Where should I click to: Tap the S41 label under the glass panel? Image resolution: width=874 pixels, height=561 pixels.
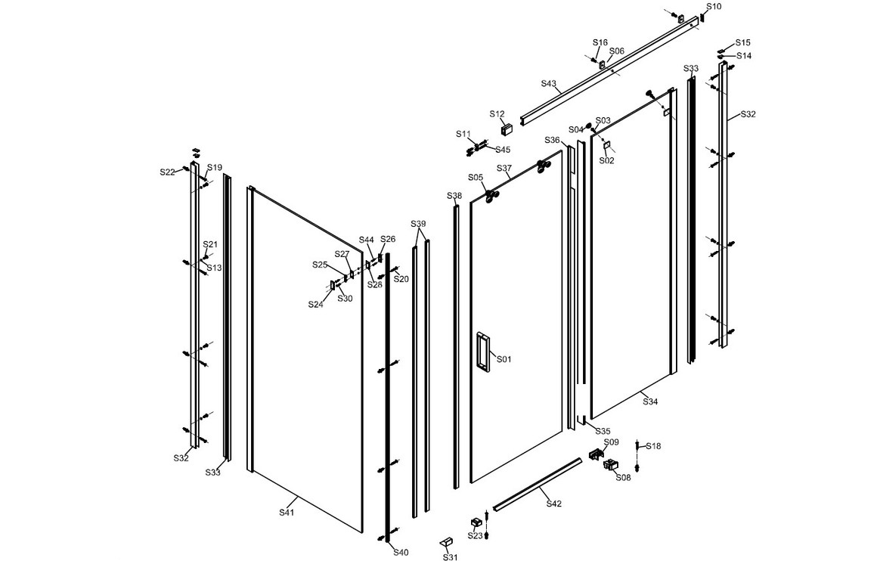pos(286,513)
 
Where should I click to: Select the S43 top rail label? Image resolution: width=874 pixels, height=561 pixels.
pos(549,83)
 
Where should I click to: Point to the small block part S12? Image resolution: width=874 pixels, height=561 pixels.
pos(507,128)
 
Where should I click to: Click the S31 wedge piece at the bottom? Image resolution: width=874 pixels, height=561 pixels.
pos(448,543)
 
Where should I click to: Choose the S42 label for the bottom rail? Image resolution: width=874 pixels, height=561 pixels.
pos(553,503)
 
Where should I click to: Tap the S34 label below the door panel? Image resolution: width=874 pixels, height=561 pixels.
pos(650,401)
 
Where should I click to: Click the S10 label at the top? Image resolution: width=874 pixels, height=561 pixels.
pos(714,7)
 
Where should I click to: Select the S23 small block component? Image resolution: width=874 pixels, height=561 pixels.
pos(476,522)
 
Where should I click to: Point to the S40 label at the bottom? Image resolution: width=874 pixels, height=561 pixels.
pos(401,552)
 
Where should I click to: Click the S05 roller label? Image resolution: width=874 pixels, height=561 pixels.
pos(476,178)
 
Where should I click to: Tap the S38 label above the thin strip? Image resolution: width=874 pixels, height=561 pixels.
pos(454,196)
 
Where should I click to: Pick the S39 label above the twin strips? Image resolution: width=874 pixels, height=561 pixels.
pos(418,224)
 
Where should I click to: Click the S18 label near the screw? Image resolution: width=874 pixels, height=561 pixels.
pos(653,446)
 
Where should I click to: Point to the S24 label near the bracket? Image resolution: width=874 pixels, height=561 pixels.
pos(315,304)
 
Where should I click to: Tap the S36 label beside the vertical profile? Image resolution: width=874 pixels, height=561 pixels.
pos(553,141)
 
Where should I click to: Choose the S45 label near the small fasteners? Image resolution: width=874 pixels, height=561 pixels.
pos(503,150)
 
